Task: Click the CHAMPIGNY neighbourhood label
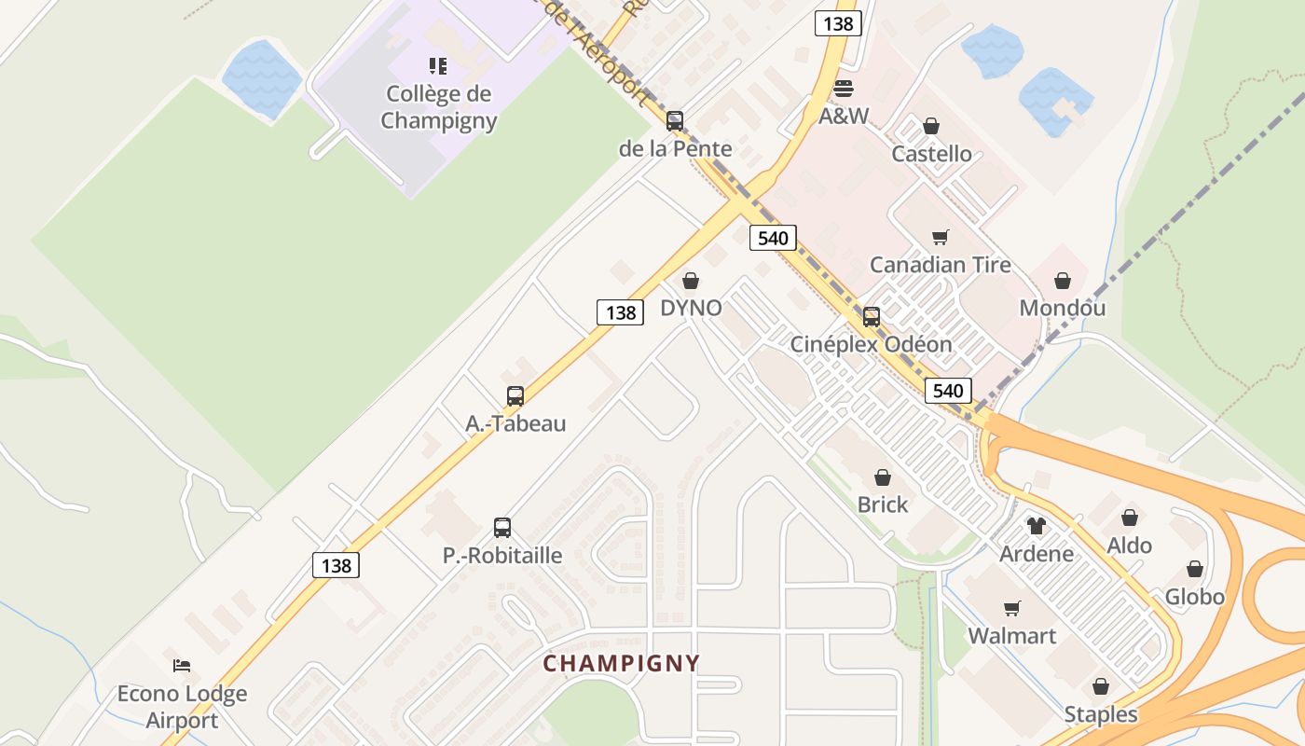621,663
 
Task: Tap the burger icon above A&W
844,89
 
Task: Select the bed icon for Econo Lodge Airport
182,665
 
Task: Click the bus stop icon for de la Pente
675,121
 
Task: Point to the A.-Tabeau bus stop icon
515,395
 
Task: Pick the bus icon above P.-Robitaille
502,528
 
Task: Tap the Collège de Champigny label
439,107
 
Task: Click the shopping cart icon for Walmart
1012,609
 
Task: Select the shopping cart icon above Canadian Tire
941,238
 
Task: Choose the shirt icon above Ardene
1037,526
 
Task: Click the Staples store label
1101,714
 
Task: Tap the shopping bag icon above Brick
883,478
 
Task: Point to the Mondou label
1063,308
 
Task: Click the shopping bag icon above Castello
931,126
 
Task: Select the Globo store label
1195,596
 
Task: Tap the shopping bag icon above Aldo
1130,518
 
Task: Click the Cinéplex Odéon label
872,344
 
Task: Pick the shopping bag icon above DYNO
691,281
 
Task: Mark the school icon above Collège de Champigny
438,65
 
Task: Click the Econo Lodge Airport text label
182,707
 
